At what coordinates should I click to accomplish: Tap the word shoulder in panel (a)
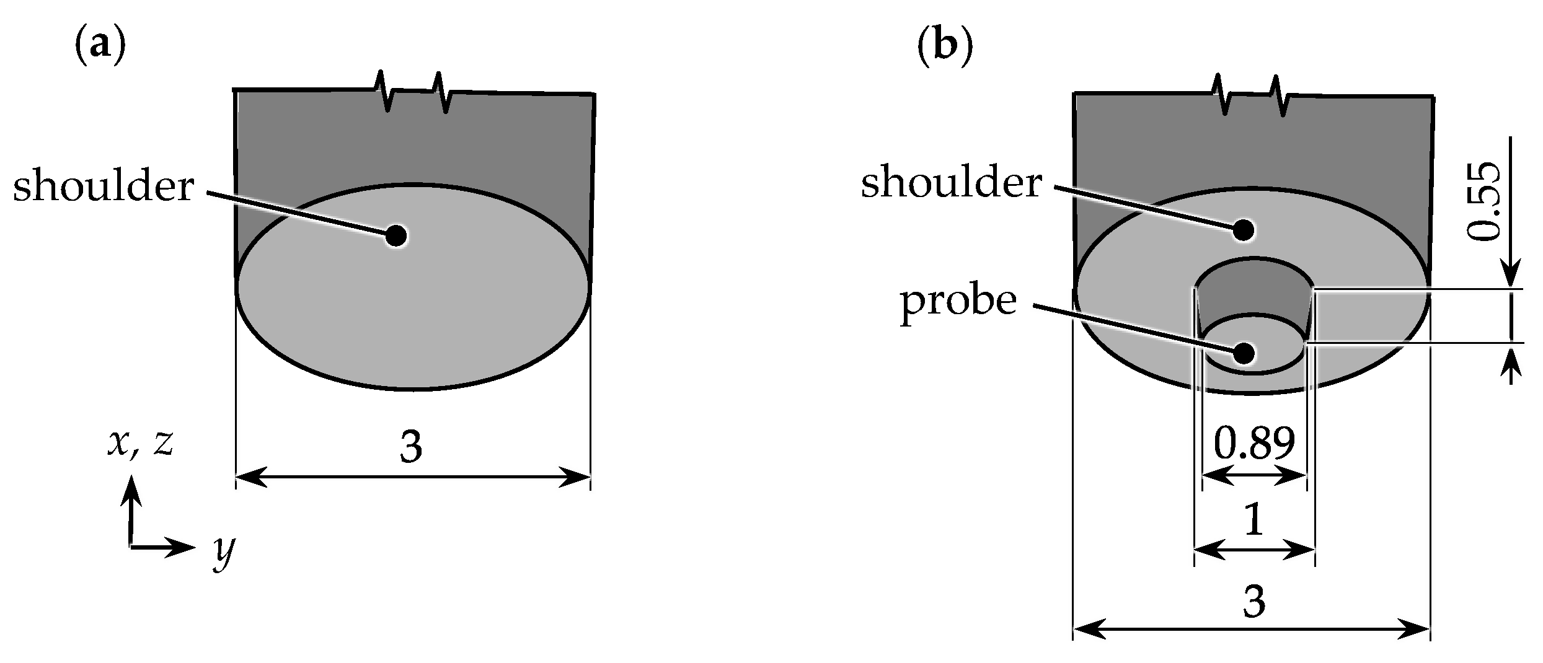tap(104, 188)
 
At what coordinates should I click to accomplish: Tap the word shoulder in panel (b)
tap(952, 184)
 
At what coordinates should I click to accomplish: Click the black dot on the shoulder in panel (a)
tap(396, 235)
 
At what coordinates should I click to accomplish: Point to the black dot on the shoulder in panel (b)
tap(1244, 230)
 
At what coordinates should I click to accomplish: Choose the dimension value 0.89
tap(1254, 444)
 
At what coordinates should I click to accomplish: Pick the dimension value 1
tap(1253, 522)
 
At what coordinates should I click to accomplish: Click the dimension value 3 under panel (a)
tap(412, 446)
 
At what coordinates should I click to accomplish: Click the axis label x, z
tap(141, 443)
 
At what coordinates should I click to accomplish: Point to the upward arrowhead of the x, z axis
tap(131, 490)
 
